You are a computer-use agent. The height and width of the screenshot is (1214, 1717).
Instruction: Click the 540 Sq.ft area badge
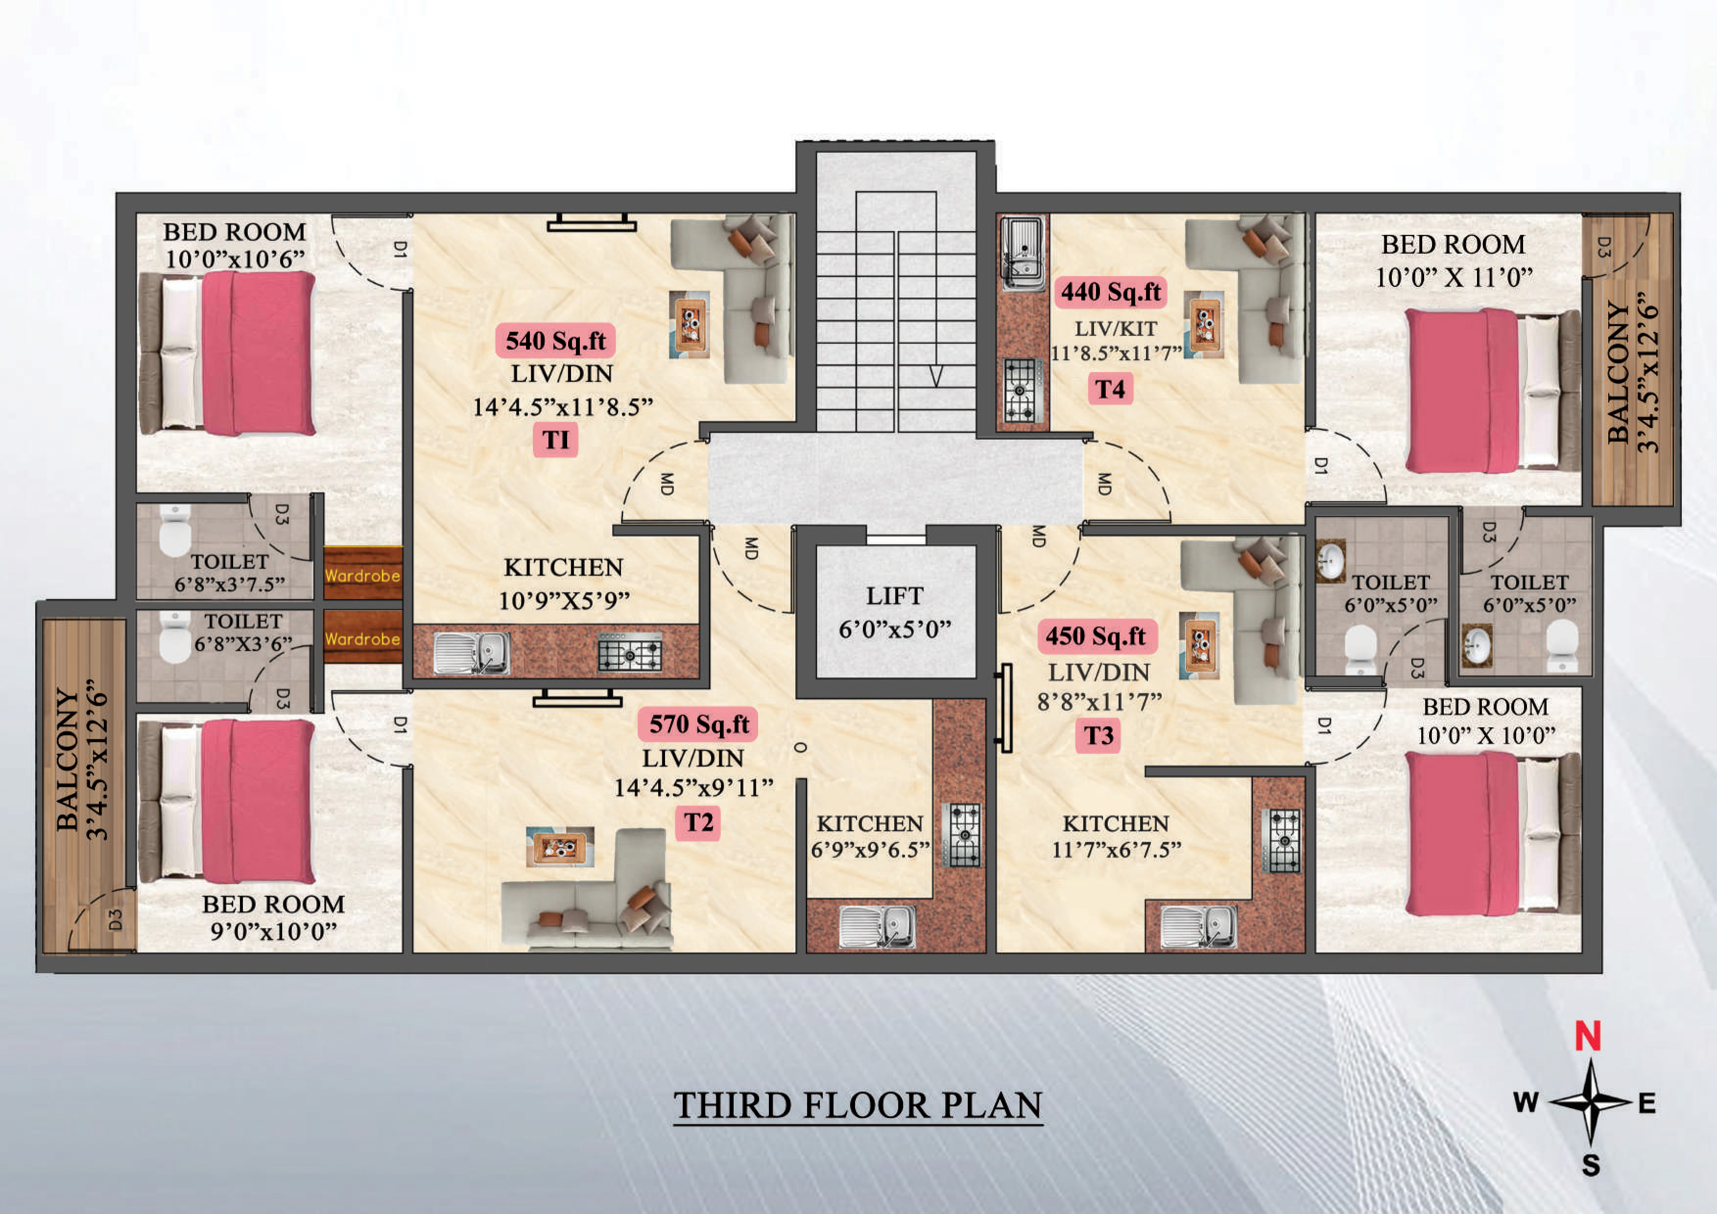[x=556, y=341]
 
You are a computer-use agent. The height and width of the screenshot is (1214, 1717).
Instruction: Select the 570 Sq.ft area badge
[x=698, y=724]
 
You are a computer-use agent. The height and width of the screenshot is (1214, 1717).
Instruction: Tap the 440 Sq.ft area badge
[x=1111, y=292]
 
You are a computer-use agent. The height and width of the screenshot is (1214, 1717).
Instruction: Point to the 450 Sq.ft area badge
[x=1097, y=637]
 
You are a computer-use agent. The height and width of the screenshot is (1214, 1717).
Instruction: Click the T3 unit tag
[x=1098, y=735]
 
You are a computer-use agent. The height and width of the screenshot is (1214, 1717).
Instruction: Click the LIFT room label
[x=894, y=596]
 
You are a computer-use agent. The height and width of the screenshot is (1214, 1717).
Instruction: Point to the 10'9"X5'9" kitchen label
[x=564, y=601]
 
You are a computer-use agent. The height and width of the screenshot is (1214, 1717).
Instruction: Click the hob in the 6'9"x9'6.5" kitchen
[x=963, y=835]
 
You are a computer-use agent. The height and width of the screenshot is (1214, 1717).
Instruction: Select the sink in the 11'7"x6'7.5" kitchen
[x=1199, y=927]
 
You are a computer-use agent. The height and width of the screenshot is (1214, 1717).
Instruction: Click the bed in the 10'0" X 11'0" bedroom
[x=1493, y=391]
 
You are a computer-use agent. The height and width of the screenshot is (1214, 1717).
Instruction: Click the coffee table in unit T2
[x=560, y=847]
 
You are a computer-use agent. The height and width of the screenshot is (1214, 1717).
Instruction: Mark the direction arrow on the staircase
[x=935, y=376]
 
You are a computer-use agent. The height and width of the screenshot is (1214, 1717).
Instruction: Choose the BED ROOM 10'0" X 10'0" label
[x=1485, y=721]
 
